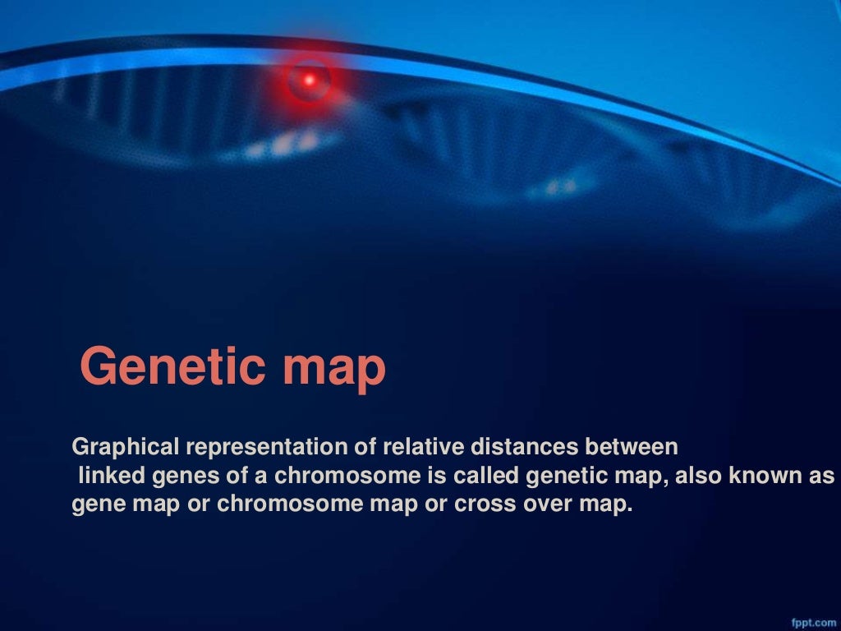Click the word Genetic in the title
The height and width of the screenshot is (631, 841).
pyautogui.click(x=173, y=367)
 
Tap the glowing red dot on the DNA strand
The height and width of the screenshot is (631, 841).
pyautogui.click(x=310, y=80)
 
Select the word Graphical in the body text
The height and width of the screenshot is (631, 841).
pyautogui.click(x=126, y=448)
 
